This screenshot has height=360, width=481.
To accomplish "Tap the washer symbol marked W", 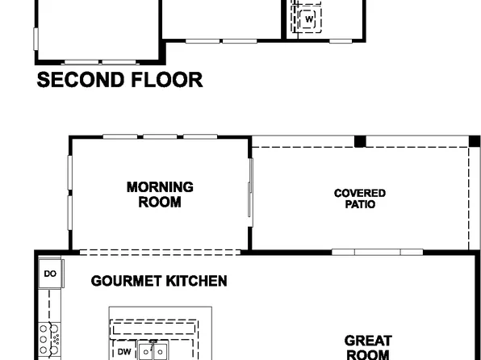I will coord(309,20).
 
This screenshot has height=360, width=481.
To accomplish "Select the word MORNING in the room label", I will coord(160,187).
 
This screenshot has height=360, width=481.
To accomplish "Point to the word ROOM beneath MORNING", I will coord(160,202).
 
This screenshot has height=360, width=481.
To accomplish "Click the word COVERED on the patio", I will coord(359,194).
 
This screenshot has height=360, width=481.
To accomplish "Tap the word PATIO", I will coord(359,205).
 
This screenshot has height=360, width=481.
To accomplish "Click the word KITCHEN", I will coord(197,282).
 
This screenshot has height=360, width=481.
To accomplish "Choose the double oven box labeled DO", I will coord(50,274).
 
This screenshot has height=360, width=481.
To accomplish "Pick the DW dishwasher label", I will coord(124,352).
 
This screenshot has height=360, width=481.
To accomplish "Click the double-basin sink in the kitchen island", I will coord(153,352).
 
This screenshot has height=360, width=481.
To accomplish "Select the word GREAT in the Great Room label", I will coord(367,341).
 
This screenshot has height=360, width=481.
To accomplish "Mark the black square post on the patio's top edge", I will coord(360,141).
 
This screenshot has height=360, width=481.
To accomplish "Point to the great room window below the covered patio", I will coord(377,252).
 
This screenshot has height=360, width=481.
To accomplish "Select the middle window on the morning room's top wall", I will coord(160,136).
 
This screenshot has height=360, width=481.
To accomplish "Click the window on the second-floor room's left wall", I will coord(35,39).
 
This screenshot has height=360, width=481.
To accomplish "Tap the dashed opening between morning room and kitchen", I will coord(160,252).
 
